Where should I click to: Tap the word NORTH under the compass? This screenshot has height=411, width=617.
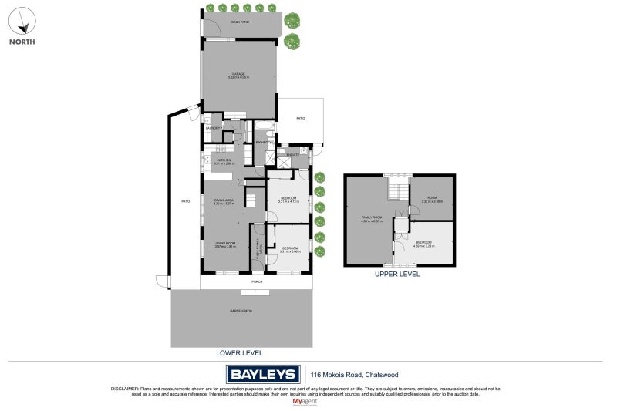click(x=22, y=42)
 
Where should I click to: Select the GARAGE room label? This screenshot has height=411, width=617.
click(x=238, y=75)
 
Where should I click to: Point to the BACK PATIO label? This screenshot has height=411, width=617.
click(x=240, y=22)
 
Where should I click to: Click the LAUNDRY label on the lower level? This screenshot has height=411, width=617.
click(x=212, y=128)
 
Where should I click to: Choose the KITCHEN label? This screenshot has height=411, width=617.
click(x=224, y=160)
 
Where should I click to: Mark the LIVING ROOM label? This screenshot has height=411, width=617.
click(x=225, y=243)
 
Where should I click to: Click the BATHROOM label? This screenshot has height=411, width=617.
click(x=265, y=143)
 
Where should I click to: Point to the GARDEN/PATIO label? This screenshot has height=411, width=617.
click(x=240, y=311)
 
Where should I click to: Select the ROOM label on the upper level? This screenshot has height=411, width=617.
click(x=432, y=199)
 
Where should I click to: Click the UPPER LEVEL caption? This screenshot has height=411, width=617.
click(x=396, y=274)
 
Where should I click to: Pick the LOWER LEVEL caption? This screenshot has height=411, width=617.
click(x=239, y=352)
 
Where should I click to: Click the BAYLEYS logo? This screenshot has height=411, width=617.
click(x=262, y=375)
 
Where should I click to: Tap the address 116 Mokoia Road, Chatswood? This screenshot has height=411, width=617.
click(x=347, y=375)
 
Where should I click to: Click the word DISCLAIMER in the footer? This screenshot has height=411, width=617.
click(x=126, y=389)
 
